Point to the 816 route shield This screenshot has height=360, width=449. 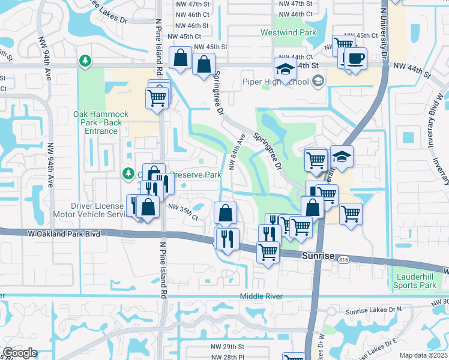coord(343,259)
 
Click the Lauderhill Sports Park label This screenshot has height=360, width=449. coord(415,281)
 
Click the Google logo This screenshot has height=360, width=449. coord(20,353)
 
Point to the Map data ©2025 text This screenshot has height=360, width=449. coord(423,355)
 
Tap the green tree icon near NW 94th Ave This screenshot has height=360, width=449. coord(85,61)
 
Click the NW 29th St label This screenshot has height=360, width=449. coord(228,347)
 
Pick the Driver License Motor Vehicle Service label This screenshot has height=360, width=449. coord(97,210)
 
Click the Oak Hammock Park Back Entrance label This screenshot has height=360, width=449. coord(97,122)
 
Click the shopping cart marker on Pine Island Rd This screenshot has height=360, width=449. coord(156,97)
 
